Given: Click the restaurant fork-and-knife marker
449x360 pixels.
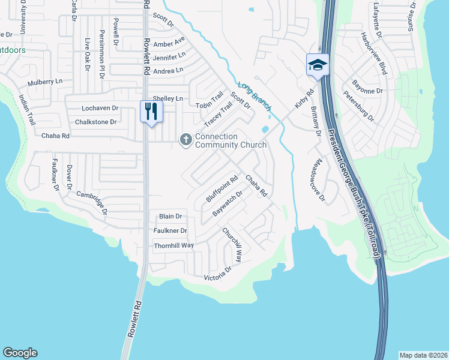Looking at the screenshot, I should click(x=151, y=112).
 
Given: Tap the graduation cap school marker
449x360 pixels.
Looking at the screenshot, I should click(x=318, y=65).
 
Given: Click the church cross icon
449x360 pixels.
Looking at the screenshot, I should click(x=186, y=140).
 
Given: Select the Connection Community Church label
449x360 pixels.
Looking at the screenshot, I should click(x=231, y=140).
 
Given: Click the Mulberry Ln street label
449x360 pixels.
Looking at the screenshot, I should click(x=45, y=82).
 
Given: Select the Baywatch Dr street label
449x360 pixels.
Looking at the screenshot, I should click(x=228, y=203).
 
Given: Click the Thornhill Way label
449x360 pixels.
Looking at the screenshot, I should click(x=173, y=245).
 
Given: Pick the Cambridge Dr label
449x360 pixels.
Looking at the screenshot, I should click(x=92, y=202).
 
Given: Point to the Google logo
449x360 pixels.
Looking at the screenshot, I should click(x=20, y=353).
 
